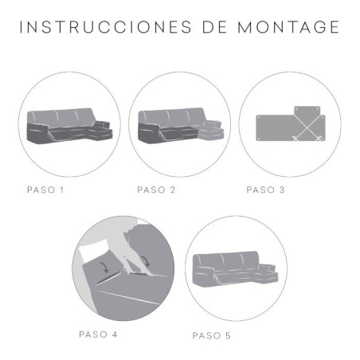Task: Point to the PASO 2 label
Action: [x=155, y=190]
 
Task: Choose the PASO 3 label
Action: [x=265, y=190]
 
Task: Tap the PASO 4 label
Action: [x=99, y=334]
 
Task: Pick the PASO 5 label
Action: [x=212, y=335]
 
